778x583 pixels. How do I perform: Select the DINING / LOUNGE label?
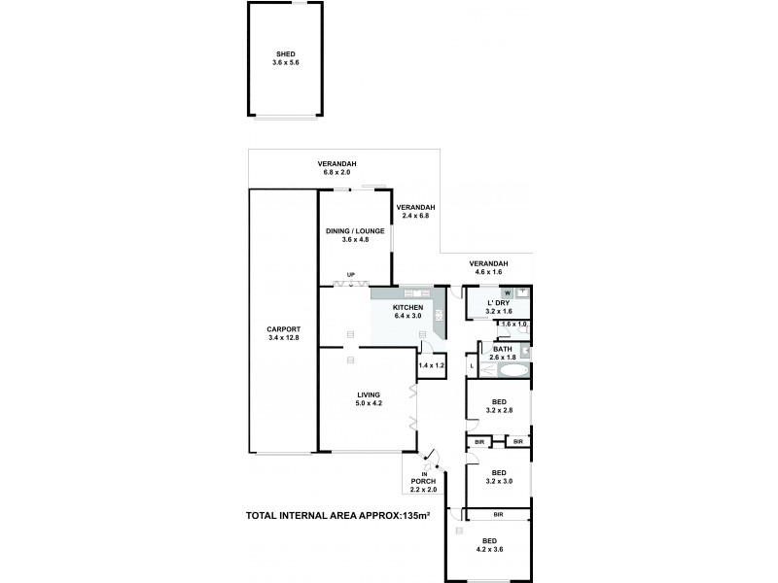click(354, 230)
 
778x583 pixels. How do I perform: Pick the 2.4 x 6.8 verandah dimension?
click(415, 216)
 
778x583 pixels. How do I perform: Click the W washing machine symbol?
click(507, 291)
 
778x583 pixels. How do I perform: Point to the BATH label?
click(503, 349)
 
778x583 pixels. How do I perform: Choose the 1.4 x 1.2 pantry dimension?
click(430, 365)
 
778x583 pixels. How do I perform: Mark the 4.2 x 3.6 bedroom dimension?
click(490, 549)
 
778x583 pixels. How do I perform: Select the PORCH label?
click(425, 482)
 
